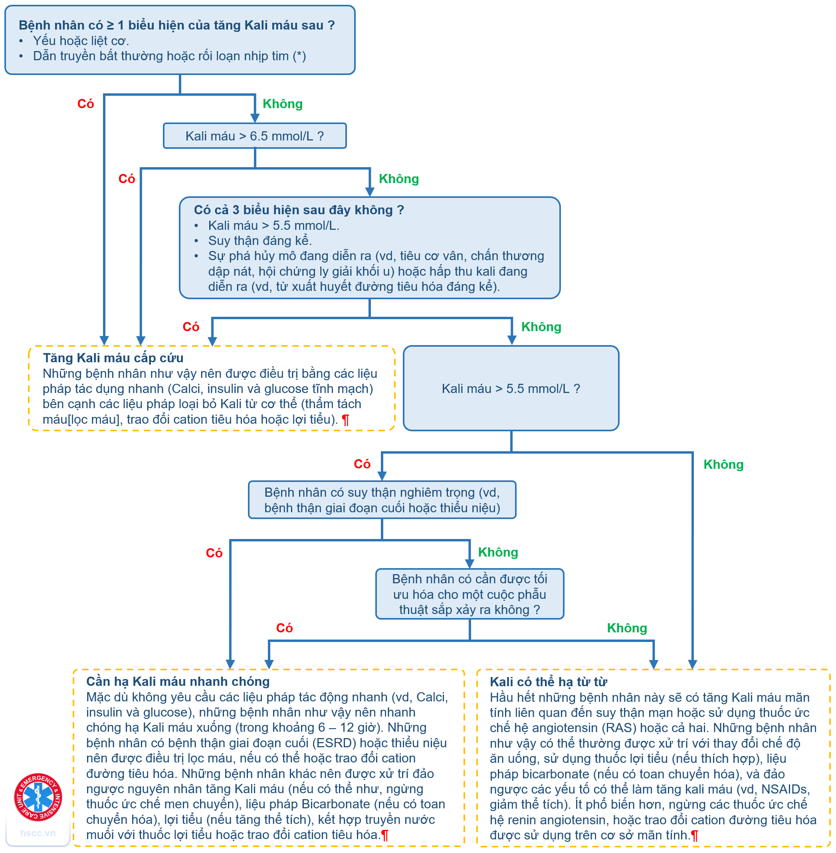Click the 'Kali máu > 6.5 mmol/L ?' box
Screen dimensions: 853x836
pyautogui.click(x=255, y=136)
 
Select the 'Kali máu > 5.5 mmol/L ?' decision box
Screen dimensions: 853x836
pyautogui.click(x=511, y=388)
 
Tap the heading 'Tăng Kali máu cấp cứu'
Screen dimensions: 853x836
pyautogui.click(x=113, y=358)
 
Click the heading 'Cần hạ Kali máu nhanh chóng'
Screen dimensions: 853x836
pyautogui.click(x=178, y=681)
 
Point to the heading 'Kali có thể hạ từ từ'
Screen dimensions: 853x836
pyautogui.click(x=549, y=682)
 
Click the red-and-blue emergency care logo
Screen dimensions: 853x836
pyautogui.click(x=38, y=797)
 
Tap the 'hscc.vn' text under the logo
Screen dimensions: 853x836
pyautogui.click(x=38, y=833)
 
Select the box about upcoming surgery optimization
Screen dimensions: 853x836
pyautogui.click(x=470, y=594)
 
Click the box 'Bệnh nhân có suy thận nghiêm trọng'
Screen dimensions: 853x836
pyautogui.click(x=382, y=500)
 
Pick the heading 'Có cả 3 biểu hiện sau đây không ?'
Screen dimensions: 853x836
pyautogui.click(x=299, y=210)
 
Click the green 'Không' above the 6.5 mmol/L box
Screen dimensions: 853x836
pyautogui.click(x=282, y=104)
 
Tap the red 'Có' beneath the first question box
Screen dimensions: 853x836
pyautogui.click(x=85, y=104)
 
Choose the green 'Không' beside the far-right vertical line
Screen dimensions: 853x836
pyautogui.click(x=723, y=465)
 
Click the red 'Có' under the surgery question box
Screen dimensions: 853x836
pyautogui.click(x=284, y=628)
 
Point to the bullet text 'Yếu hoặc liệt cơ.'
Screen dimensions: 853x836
pyautogui.click(x=81, y=41)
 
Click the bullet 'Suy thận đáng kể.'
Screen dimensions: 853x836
pyautogui.click(x=260, y=241)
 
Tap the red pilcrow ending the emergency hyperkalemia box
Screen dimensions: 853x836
pyautogui.click(x=346, y=420)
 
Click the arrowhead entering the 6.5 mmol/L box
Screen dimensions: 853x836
pyautogui.click(x=255, y=118)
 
